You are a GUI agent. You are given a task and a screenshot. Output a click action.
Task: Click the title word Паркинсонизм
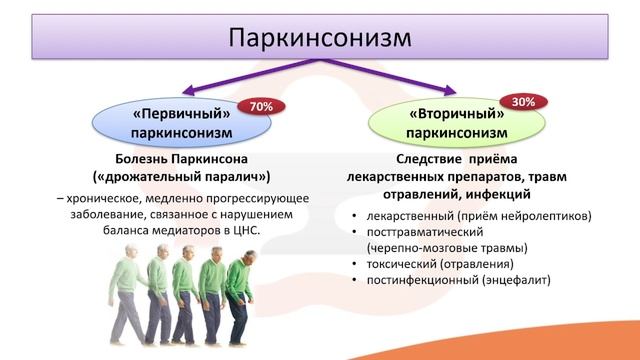click(x=319, y=37)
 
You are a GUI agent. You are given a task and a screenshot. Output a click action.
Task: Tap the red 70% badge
click(x=262, y=104)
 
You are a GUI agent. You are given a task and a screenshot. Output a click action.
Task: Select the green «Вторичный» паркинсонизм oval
click(x=456, y=122)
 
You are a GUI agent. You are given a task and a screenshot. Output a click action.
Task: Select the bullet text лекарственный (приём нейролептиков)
click(x=479, y=215)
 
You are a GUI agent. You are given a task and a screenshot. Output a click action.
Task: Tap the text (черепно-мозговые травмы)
click(x=446, y=247)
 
